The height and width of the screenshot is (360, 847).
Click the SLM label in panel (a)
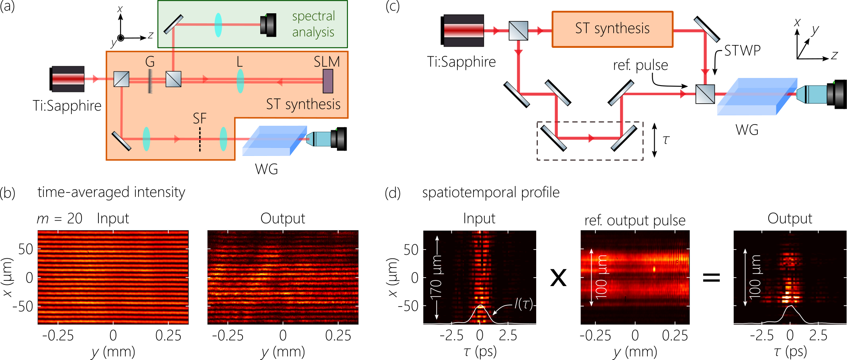point(327,61)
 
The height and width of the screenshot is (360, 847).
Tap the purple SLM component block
point(328,81)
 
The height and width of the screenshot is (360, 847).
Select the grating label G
point(150,61)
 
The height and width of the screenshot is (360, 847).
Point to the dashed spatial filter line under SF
point(200,139)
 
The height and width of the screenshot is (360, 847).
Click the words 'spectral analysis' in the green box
point(313,24)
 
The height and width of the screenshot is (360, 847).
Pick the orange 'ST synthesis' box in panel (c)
point(612,29)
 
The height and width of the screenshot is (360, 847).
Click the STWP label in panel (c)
point(742,51)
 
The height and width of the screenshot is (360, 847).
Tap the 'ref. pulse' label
point(640,65)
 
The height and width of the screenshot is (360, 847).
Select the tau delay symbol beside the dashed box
point(666,140)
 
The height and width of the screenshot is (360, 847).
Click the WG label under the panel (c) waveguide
point(747,130)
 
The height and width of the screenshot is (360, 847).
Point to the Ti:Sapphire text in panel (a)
point(67,106)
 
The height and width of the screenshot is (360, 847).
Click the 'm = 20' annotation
point(59,219)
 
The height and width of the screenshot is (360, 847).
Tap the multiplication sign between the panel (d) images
point(558,278)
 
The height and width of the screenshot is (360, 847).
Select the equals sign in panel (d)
point(711,277)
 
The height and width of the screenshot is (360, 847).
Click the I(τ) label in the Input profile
point(523,304)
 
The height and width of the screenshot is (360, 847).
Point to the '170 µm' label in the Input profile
point(436,278)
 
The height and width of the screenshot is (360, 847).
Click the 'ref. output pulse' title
point(635,220)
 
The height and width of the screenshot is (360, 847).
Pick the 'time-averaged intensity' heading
point(111,192)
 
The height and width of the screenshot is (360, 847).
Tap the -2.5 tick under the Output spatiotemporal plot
point(761,335)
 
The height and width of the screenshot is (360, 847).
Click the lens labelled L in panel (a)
point(240,81)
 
